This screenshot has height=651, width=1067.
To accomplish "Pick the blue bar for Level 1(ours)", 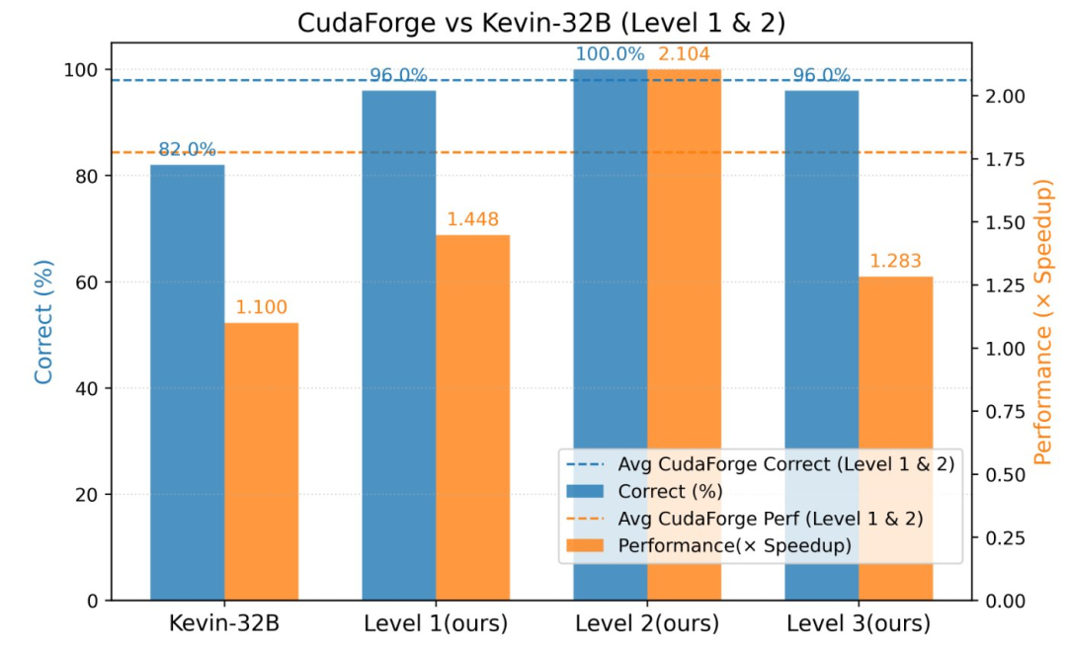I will coord(398,345).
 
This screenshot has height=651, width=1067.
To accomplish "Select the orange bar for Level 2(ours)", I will coord(684,335).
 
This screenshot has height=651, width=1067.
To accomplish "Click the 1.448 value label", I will coord(472,219).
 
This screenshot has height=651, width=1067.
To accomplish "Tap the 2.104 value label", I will coord(684,54).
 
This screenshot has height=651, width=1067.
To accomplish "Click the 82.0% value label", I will coord(187,150).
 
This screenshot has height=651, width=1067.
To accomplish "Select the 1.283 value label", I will coord(895,262).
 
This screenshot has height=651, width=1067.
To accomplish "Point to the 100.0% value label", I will coord(610,54).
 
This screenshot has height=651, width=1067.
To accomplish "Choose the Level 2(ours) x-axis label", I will coord(646,624).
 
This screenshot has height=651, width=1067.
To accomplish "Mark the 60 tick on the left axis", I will coord(86,283).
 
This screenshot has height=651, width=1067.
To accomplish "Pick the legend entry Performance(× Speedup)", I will coord(734,545).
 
